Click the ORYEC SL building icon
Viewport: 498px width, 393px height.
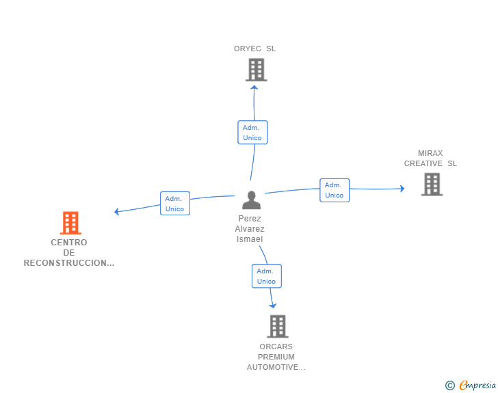[x=256, y=70]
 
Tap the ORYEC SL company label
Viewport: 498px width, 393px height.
[x=254, y=49]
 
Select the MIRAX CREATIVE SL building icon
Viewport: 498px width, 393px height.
[x=432, y=184]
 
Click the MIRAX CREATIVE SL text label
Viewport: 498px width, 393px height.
[x=430, y=159]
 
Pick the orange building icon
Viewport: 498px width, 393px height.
[x=70, y=223]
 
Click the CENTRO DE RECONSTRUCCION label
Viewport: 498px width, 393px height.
[x=69, y=253]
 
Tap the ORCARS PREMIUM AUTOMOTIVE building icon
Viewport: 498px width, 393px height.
[x=277, y=326]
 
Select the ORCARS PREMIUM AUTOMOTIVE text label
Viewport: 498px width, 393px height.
[x=276, y=357]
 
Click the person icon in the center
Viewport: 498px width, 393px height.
[x=252, y=200]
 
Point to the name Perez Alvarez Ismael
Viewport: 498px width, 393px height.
[x=250, y=229]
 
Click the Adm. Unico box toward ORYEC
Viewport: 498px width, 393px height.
[x=252, y=133]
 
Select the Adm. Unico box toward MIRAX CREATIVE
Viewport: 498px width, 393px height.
[x=335, y=190]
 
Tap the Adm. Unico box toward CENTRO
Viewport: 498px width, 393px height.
[x=175, y=203]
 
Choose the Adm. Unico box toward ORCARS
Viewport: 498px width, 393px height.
[x=267, y=276]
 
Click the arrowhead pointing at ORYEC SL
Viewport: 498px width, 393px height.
[x=254, y=87]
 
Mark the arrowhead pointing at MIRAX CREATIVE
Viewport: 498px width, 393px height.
[x=402, y=188]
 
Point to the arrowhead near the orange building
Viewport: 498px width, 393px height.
[x=117, y=212]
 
